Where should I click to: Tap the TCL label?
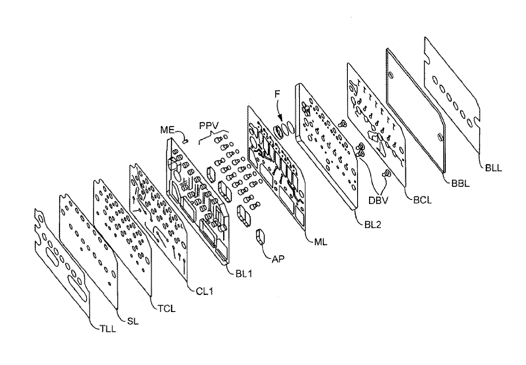(x=168, y=309)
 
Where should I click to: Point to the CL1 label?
(x=204, y=292)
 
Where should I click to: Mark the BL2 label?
(x=372, y=225)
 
